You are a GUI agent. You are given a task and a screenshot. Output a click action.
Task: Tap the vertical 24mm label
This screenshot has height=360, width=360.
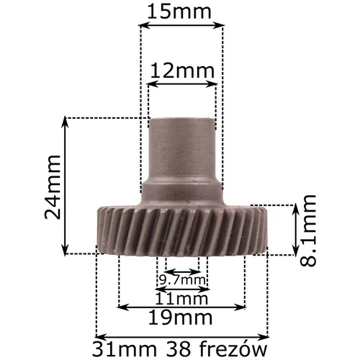point(51,186)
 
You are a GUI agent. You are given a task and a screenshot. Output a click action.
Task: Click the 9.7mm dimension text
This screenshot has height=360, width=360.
point(181,279)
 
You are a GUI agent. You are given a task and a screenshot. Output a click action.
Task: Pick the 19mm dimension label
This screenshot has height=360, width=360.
point(181,318)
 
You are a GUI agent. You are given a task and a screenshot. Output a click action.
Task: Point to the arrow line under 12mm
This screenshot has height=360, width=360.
point(182,84)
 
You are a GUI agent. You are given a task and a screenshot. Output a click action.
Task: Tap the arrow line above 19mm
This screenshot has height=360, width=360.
point(181,307)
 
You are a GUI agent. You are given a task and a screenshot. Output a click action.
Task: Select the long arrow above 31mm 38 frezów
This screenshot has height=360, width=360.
point(181,336)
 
